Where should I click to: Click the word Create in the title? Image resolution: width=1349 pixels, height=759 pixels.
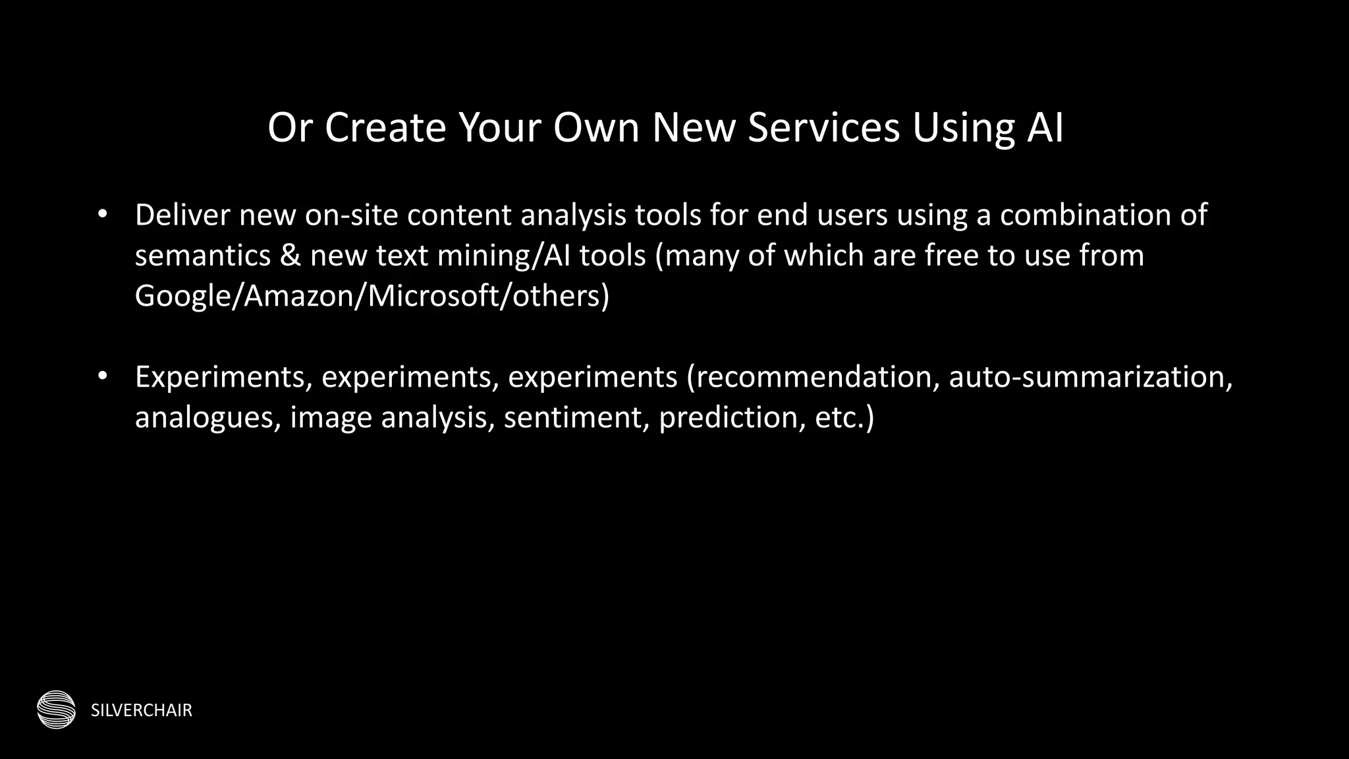[385, 127]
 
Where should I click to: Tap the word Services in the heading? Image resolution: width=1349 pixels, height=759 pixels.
[823, 127]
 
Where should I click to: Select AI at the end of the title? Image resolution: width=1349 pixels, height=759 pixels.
[1045, 127]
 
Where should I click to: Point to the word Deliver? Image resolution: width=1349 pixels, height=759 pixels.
[182, 215]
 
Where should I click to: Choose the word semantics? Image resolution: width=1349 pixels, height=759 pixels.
[202, 256]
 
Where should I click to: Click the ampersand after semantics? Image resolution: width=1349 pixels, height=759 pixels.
[290, 256]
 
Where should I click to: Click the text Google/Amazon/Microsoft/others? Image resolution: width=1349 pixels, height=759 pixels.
[372, 296]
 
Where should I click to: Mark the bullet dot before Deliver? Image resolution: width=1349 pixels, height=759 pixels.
[101, 214]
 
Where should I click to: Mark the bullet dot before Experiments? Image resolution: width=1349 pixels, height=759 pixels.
[101, 376]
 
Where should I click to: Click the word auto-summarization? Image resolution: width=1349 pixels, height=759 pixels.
[1090, 378]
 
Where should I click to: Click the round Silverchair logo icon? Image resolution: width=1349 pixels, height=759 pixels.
[56, 710]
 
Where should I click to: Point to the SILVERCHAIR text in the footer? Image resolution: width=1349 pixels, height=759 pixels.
[142, 710]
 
